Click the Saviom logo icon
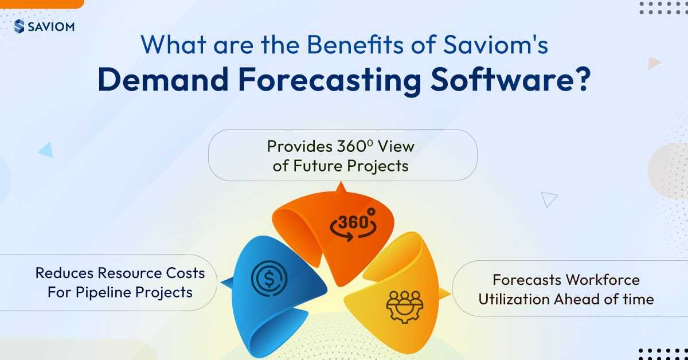19,26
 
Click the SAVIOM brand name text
51,27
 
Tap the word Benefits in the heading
355,45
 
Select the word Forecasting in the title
330,80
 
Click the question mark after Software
580,79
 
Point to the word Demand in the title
163,79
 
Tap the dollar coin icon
269,279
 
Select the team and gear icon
405,307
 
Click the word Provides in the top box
299,147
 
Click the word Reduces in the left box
64,273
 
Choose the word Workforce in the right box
603,280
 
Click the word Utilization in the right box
514,299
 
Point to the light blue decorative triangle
46,150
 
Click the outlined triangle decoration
549,199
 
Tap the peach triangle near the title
654,62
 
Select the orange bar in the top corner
42,4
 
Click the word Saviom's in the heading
496,45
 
